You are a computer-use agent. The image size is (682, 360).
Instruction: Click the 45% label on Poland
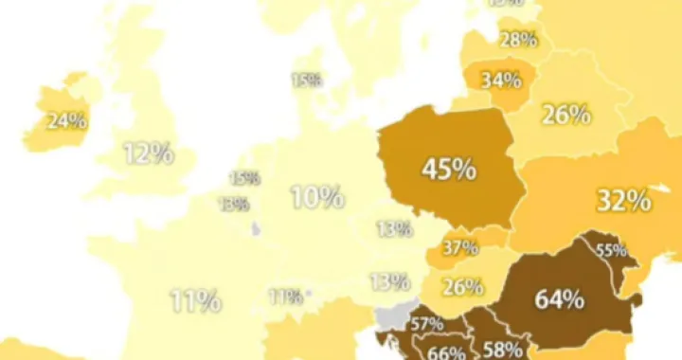[x=449, y=170]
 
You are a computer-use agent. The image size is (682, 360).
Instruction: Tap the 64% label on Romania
[x=559, y=300]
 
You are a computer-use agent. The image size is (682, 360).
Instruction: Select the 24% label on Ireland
[x=67, y=121]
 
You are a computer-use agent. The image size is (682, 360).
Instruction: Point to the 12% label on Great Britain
[x=150, y=153]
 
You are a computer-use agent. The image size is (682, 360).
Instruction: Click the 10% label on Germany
[x=316, y=198]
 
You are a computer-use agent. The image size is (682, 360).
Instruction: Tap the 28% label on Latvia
[x=519, y=40]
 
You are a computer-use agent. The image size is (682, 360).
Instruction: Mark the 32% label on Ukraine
[x=623, y=201]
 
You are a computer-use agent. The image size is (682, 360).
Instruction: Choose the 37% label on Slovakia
[x=459, y=247]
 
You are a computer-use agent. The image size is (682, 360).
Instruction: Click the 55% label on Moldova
[x=611, y=251]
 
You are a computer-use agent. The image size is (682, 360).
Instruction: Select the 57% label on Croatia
[x=426, y=325]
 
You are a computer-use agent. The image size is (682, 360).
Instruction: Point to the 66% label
[x=446, y=352]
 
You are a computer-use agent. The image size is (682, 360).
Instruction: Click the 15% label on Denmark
[x=306, y=81]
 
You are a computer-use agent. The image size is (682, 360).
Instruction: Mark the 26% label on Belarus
[x=565, y=116]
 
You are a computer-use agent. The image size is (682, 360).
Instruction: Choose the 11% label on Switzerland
[x=285, y=297]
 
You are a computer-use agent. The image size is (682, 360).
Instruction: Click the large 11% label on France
[x=195, y=302]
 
